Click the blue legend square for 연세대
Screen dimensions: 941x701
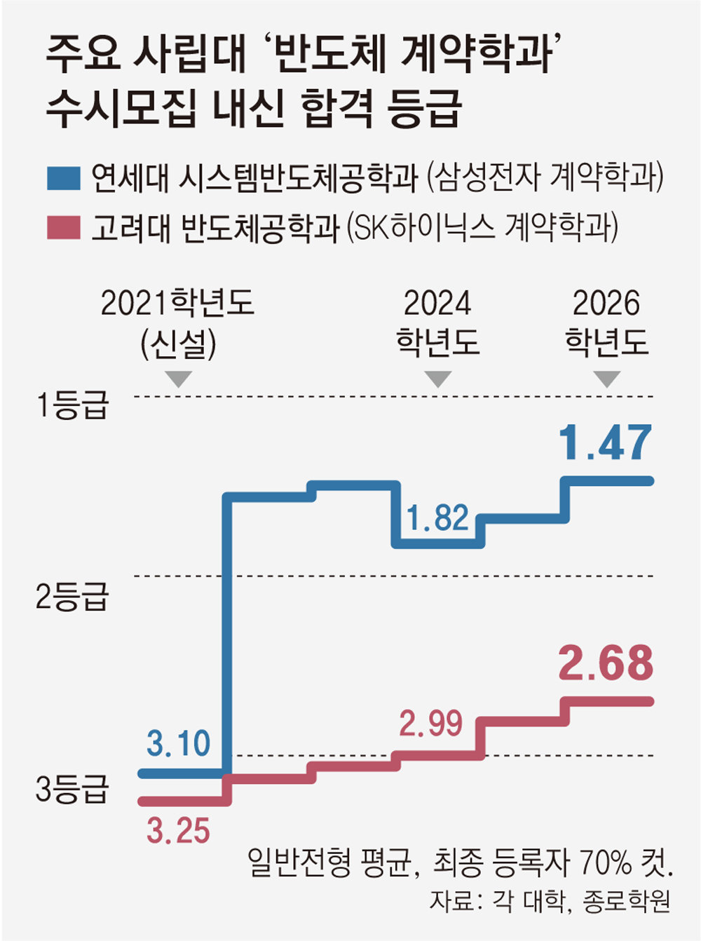pyautogui.click(x=64, y=178)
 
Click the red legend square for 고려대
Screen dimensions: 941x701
pyautogui.click(x=64, y=229)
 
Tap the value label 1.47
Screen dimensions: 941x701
pyautogui.click(x=606, y=443)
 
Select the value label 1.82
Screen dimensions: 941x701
pyautogui.click(x=437, y=518)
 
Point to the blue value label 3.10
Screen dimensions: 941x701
pyautogui.click(x=178, y=743)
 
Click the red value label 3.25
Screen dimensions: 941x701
pyautogui.click(x=178, y=831)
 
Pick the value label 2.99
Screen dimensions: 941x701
pyautogui.click(x=430, y=723)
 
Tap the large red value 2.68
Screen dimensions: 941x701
pyautogui.click(x=606, y=663)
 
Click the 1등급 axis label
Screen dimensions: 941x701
pyautogui.click(x=73, y=405)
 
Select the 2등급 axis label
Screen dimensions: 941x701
pyautogui.click(x=73, y=597)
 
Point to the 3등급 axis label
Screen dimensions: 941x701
pyautogui.click(x=73, y=790)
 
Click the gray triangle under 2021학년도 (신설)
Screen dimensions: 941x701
pyautogui.click(x=179, y=379)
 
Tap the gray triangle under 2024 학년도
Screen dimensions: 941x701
pyautogui.click(x=438, y=379)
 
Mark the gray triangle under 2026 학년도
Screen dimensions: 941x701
pyautogui.click(x=607, y=379)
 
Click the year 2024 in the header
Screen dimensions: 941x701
pyautogui.click(x=437, y=304)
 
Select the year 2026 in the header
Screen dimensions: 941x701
pyautogui.click(x=607, y=304)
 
